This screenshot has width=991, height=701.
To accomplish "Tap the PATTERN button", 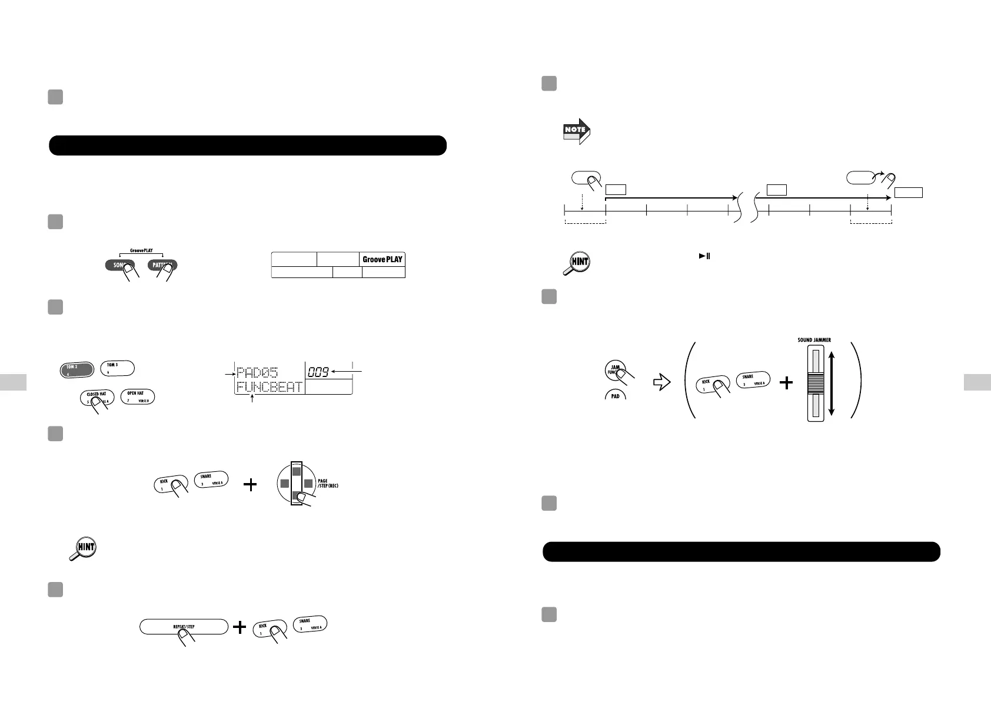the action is (162, 265).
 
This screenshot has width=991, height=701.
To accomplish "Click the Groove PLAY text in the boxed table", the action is (383, 259).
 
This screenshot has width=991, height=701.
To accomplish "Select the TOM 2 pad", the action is (77, 369).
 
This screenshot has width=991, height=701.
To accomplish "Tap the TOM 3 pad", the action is (118, 368).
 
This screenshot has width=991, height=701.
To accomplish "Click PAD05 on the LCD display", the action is (257, 372).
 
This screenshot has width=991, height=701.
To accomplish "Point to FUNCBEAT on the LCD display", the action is (269, 387).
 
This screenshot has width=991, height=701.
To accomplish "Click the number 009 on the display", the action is (318, 372).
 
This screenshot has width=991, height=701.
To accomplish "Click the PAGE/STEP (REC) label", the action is (327, 484).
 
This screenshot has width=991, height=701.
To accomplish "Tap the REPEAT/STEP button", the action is (184, 626).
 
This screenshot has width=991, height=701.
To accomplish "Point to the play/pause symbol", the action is (704, 256).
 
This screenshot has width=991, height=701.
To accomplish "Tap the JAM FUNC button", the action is (616, 371).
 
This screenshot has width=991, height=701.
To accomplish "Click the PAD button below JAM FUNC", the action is (615, 396).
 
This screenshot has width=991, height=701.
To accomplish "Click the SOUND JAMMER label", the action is (814, 340).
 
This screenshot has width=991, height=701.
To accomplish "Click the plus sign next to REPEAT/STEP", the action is (240, 627).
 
